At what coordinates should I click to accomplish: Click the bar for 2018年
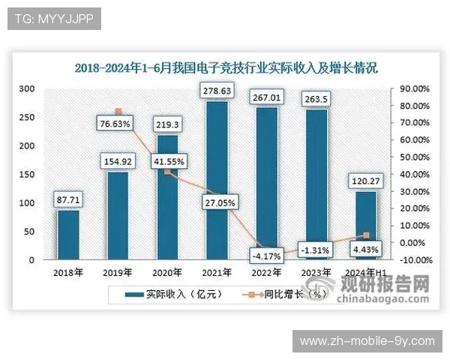pyautogui.click(x=68, y=235)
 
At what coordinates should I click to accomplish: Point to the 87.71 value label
pyautogui.click(x=68, y=199)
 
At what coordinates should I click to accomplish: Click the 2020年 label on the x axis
pyautogui.click(x=168, y=272)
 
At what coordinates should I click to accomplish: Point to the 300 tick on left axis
pyautogui.click(x=27, y=88)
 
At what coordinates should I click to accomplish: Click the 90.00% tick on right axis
pyautogui.click(x=413, y=88)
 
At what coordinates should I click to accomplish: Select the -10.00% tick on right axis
pyautogui.click(x=412, y=260)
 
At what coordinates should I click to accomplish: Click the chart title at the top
pyautogui.click(x=226, y=67)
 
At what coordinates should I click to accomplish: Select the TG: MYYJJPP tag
pyautogui.click(x=53, y=19)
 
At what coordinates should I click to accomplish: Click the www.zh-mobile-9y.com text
pyautogui.click(x=367, y=341)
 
